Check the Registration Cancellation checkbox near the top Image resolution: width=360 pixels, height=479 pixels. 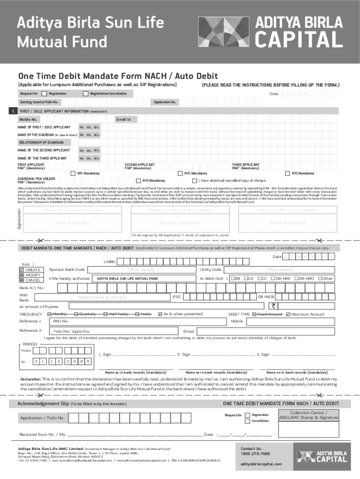[85, 94]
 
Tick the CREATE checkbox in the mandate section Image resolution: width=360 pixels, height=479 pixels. [22, 270]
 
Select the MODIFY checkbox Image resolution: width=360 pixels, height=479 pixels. [22, 275]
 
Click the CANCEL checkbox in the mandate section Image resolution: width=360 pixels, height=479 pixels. [22, 280]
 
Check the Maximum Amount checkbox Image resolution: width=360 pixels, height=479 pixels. [288, 314]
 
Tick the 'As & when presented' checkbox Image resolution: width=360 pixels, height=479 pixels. [160, 314]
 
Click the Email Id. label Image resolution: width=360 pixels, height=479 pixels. [123, 119]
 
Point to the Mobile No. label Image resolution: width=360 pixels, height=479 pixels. [28, 119]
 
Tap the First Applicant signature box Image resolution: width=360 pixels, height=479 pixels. [72, 223]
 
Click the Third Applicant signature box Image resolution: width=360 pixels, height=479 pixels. [288, 223]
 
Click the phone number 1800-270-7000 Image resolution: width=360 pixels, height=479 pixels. [255, 454]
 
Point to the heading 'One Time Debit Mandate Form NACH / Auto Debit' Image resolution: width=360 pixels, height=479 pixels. [111, 76]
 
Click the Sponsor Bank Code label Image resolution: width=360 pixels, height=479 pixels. [66, 269]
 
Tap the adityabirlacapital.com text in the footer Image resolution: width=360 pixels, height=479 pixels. [261, 464]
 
